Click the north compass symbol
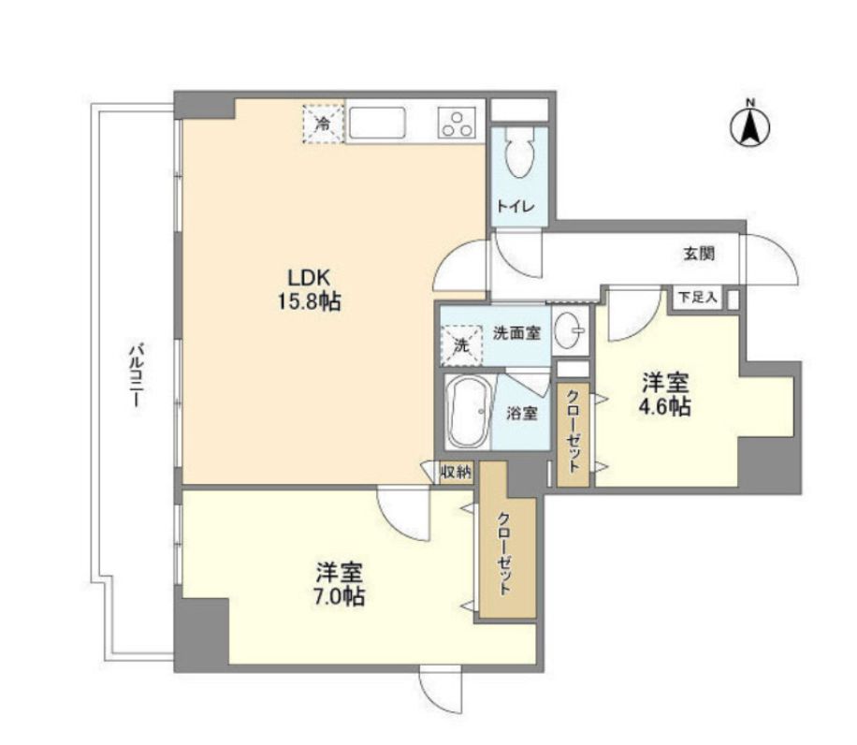tap(750, 124)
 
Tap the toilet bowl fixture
tap(517, 152)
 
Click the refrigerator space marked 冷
tap(323, 124)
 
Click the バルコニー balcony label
tap(135, 374)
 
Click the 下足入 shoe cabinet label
tap(697, 298)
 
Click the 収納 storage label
tap(456, 473)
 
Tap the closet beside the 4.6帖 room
tap(573, 435)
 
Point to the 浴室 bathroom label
tap(521, 413)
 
